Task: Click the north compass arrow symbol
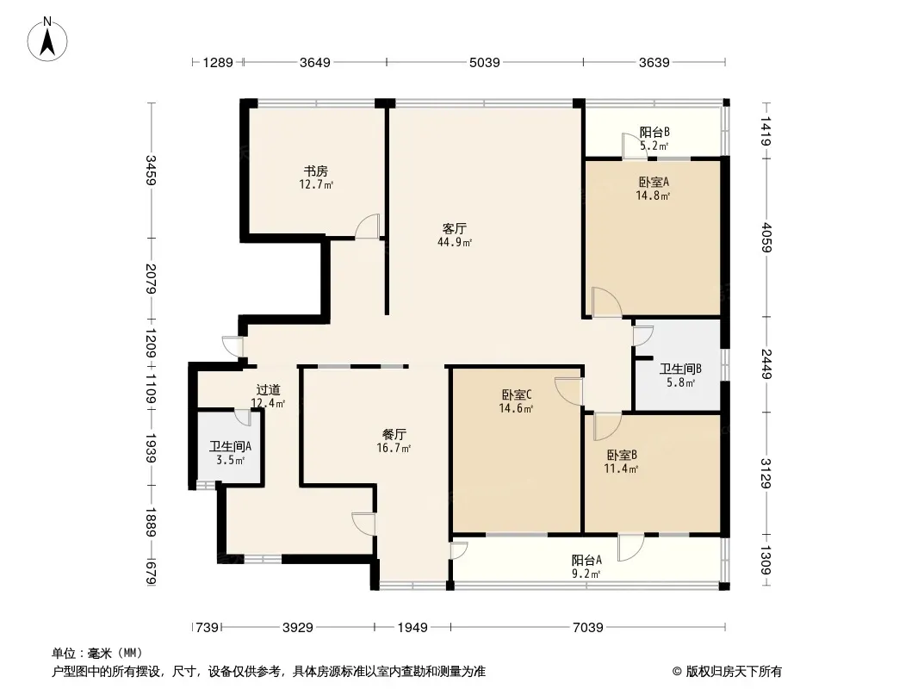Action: (x=49, y=39)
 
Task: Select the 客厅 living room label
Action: (x=454, y=229)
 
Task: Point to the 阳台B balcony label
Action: (x=654, y=133)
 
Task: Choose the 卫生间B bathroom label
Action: (x=680, y=369)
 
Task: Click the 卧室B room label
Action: (x=621, y=456)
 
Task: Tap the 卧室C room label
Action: (x=517, y=395)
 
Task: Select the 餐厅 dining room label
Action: (x=394, y=435)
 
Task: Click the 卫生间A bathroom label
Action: (x=230, y=447)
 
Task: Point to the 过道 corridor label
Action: (x=268, y=389)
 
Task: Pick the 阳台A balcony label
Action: (x=586, y=560)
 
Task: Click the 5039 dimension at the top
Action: (x=484, y=62)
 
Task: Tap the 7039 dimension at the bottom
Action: (x=587, y=627)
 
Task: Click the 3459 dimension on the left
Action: (x=152, y=171)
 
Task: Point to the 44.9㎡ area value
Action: (x=454, y=243)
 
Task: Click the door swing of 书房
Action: (x=368, y=226)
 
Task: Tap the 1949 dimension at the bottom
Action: (x=412, y=627)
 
